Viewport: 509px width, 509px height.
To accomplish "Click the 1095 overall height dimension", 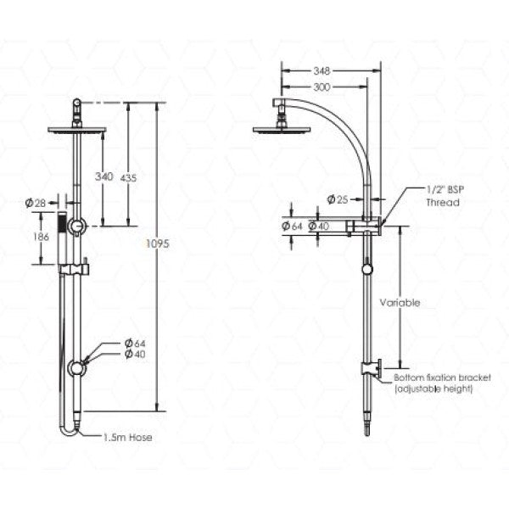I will point(159,243).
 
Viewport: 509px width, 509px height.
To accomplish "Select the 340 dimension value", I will point(103,176).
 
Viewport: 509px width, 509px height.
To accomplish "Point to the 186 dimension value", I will point(39,238).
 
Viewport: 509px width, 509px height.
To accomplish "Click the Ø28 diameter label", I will point(36,202).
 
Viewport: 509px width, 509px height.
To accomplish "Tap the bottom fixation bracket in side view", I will point(370,368).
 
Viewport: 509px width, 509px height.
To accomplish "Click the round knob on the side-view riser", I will point(366,269).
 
